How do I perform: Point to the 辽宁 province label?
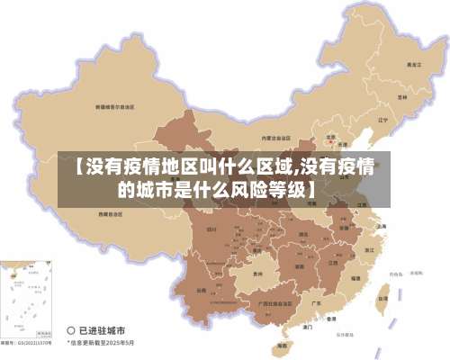[x=382, y=119]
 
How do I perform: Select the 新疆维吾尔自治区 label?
[x=115, y=106]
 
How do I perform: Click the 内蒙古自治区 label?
[x=276, y=137]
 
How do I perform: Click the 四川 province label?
[x=212, y=230]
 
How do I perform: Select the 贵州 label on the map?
[x=258, y=273]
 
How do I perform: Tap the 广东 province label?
[x=316, y=303]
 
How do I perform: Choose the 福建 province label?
[x=356, y=278]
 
